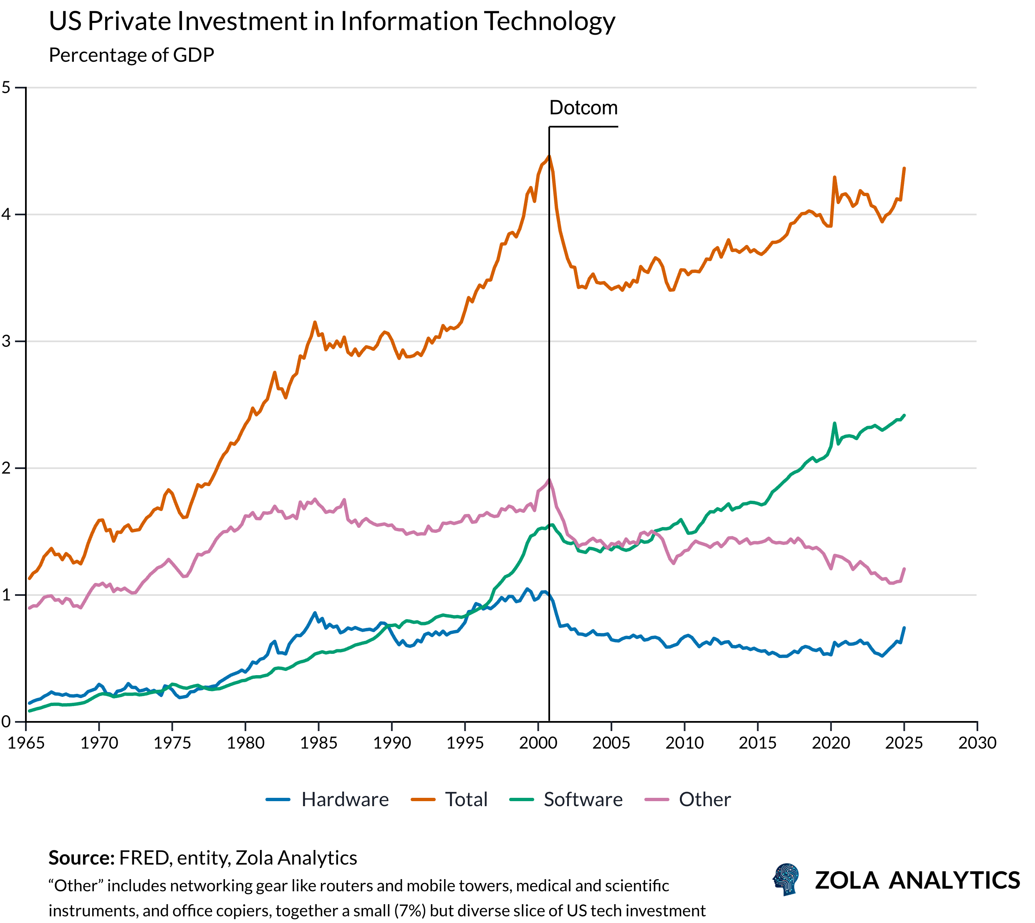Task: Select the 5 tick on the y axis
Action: pyautogui.click(x=6, y=87)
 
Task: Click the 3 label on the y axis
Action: pyautogui.click(x=6, y=341)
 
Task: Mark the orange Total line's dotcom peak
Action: pyautogui.click(x=549, y=156)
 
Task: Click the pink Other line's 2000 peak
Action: pyautogui.click(x=549, y=479)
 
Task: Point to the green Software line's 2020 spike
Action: pyautogui.click(x=834, y=423)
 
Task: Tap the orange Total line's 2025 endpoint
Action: pyautogui.click(x=904, y=169)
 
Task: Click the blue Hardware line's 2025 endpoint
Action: pyautogui.click(x=904, y=628)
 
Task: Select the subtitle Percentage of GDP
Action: pyautogui.click(x=131, y=55)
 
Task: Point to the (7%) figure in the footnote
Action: pyautogui.click(x=410, y=910)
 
